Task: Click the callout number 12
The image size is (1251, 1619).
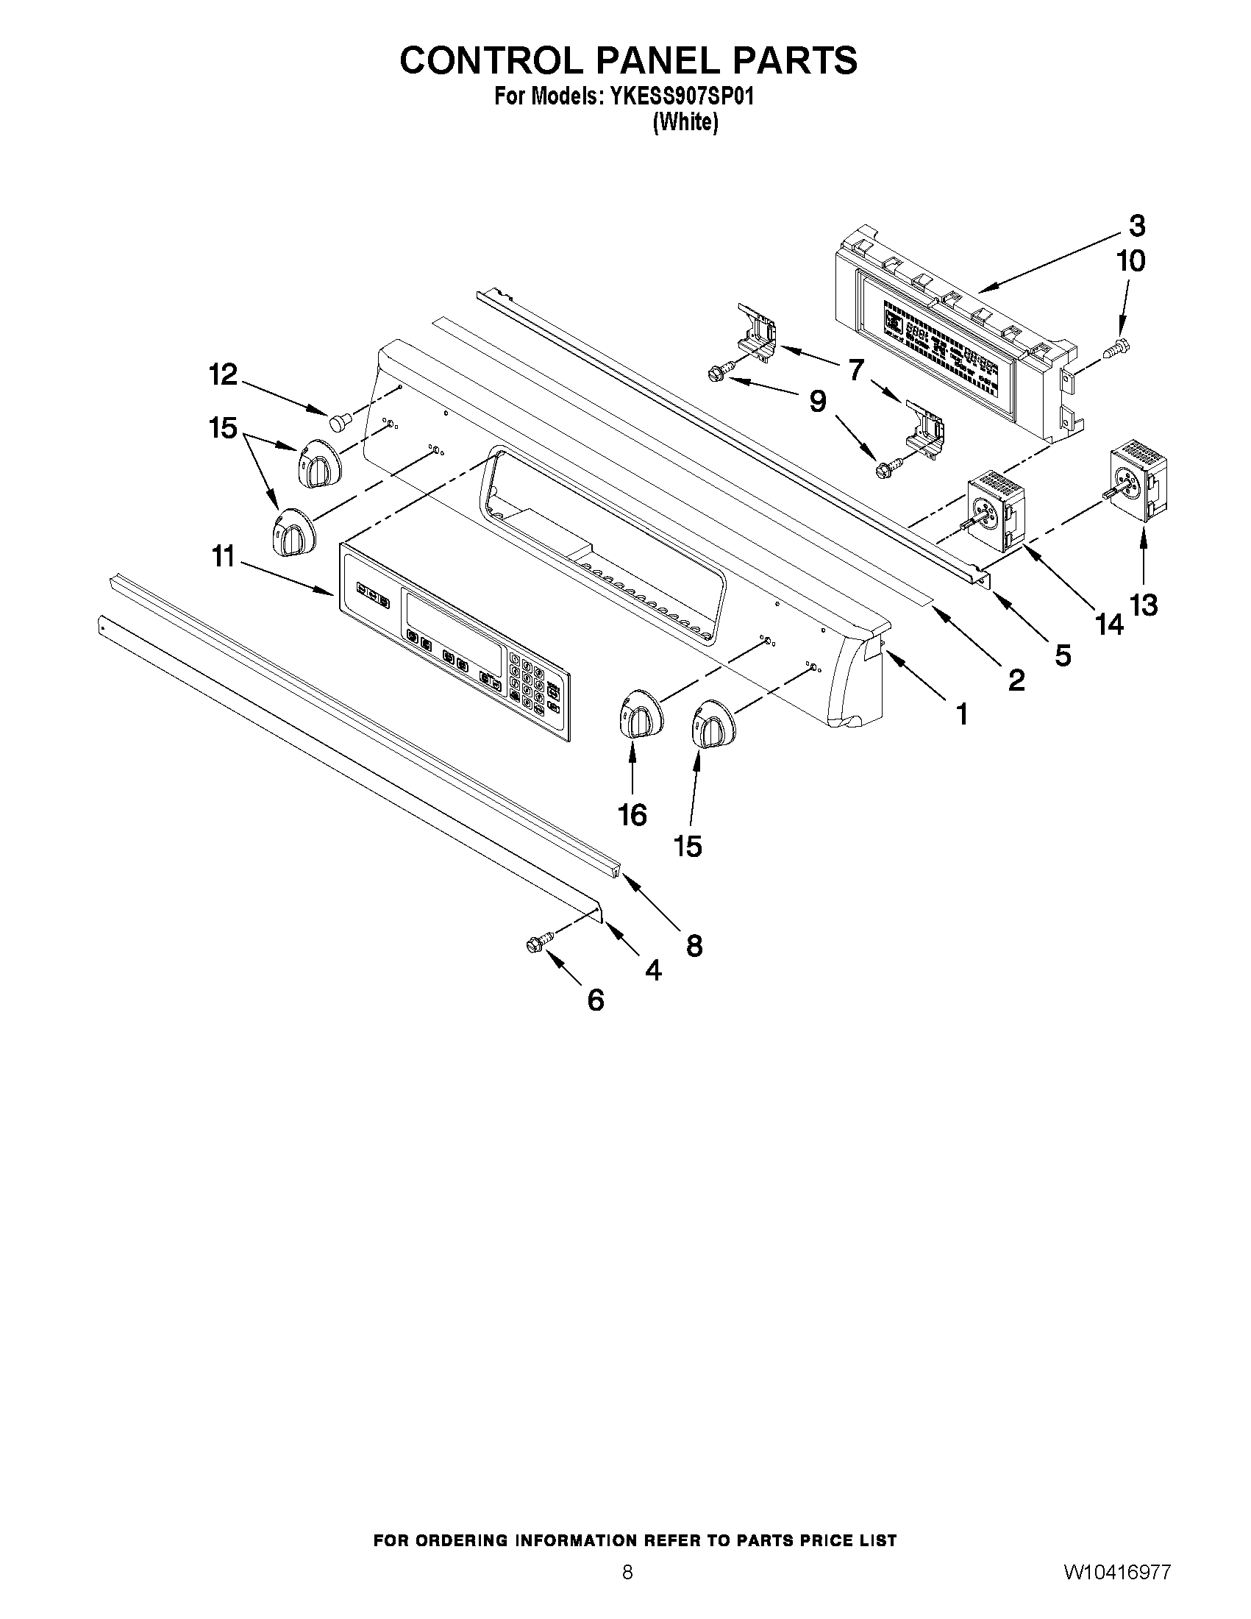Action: pyautogui.click(x=223, y=375)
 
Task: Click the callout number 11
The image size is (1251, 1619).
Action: pyautogui.click(x=223, y=556)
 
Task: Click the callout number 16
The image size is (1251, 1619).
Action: pyautogui.click(x=632, y=816)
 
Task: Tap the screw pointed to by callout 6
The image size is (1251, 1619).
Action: pyautogui.click(x=536, y=944)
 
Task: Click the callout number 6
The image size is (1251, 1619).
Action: pyautogui.click(x=596, y=1001)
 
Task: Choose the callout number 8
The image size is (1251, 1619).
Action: pyautogui.click(x=694, y=946)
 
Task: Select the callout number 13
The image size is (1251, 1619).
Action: pyautogui.click(x=1144, y=605)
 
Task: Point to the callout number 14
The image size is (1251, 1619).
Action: pyautogui.click(x=1110, y=625)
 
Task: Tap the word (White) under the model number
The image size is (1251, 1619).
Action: pyautogui.click(x=685, y=122)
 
